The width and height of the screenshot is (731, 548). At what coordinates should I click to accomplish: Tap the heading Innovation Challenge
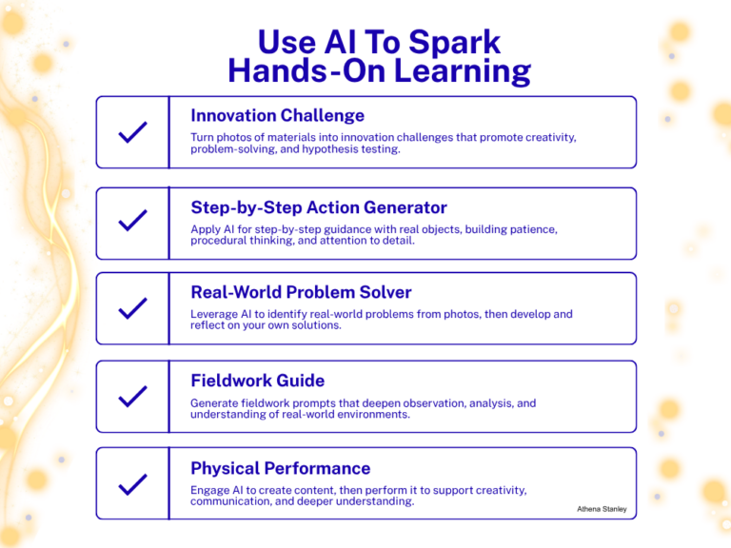(277, 116)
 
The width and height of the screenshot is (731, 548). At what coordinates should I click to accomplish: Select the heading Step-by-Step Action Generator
(319, 207)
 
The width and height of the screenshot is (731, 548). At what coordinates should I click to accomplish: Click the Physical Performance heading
(280, 468)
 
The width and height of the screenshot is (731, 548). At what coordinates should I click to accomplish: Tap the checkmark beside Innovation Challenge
(132, 133)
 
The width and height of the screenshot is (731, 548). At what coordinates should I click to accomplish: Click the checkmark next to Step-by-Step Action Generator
(132, 223)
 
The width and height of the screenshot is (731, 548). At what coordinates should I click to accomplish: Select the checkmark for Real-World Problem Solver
(132, 308)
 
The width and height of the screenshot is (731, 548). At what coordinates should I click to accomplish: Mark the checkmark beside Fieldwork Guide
(132, 396)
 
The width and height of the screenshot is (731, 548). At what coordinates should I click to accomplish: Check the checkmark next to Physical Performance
(132, 484)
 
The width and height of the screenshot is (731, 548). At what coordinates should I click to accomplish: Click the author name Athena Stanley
(602, 509)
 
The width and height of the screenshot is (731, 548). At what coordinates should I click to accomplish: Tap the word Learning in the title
(460, 71)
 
